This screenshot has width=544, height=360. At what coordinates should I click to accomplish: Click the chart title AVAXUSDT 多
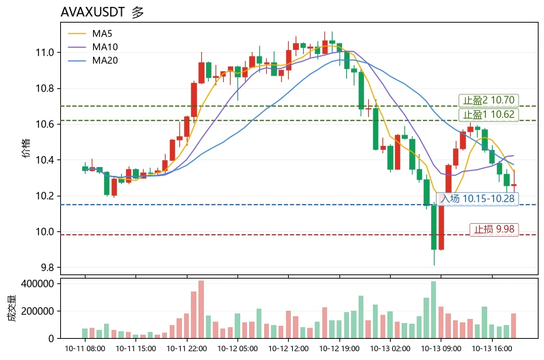tap(102, 12)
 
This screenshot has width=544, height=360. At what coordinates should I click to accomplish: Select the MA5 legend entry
tap(90, 34)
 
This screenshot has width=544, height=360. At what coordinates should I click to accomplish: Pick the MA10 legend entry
tap(93, 47)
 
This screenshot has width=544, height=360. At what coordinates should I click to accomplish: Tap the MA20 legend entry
tap(93, 60)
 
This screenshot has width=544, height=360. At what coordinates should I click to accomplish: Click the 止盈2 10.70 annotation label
tap(489, 101)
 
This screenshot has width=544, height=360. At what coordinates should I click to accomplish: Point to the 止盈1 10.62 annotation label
tap(489, 114)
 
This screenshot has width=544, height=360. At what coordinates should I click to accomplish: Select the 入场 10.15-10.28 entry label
tap(478, 198)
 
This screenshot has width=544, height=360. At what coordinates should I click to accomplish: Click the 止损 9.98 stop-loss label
tap(494, 229)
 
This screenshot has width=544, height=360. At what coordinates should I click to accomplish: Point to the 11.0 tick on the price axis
tap(44, 53)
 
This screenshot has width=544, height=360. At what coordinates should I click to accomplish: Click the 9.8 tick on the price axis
tap(47, 268)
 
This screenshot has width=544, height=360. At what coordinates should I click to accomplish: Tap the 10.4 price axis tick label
tap(44, 160)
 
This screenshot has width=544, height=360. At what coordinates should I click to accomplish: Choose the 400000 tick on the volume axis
tap(38, 283)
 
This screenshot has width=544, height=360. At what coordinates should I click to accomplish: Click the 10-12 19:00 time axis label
tap(339, 348)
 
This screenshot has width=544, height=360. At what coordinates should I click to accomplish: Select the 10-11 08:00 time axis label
tap(85, 348)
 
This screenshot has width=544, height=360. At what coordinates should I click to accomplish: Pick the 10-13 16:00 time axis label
tap(492, 348)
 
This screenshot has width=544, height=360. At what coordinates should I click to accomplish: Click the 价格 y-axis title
tap(27, 149)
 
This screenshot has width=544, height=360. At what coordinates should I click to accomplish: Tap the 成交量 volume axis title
tap(12, 308)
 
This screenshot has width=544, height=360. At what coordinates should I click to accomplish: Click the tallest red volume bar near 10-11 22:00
tap(201, 309)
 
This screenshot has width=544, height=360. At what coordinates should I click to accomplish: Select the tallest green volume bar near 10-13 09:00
tap(434, 309)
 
